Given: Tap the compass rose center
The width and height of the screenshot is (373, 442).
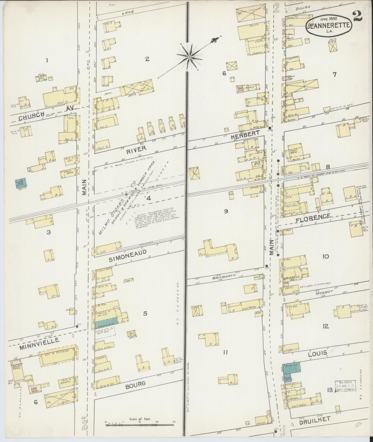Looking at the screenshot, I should coord(189,57).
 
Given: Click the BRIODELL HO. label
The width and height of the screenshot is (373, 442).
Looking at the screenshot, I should coord(288,275).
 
